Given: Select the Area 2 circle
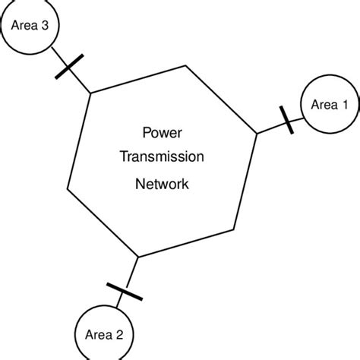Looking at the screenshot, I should tap(104, 333).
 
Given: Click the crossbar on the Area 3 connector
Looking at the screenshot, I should tap(69, 68).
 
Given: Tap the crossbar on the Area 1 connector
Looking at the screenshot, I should tap(286, 120).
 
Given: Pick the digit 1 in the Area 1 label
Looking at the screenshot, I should tap(345, 105).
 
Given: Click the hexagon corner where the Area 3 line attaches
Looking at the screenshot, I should tap(91, 93).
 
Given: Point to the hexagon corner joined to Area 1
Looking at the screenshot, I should tap(256, 134).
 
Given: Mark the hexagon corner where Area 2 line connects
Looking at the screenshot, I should tap(138, 257).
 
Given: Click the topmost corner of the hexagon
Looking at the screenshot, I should tap(187, 65).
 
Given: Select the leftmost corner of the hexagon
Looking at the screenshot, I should tap(68, 188).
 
